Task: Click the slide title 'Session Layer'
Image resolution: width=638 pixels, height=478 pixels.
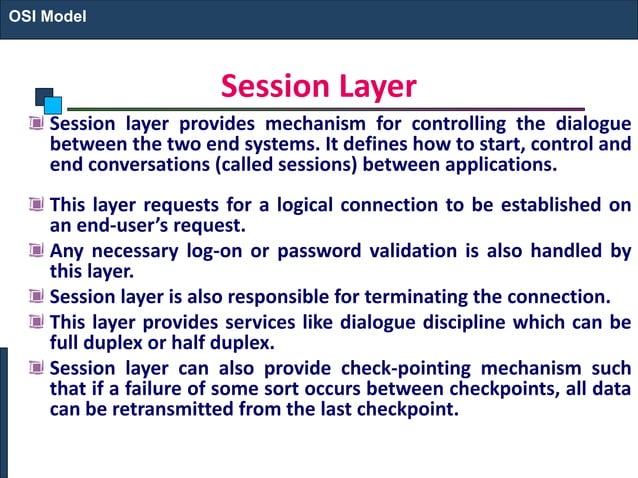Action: (x=318, y=86)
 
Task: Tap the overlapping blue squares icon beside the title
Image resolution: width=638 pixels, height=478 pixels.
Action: (x=49, y=100)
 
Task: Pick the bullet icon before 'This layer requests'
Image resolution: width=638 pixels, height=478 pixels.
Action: (x=36, y=206)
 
